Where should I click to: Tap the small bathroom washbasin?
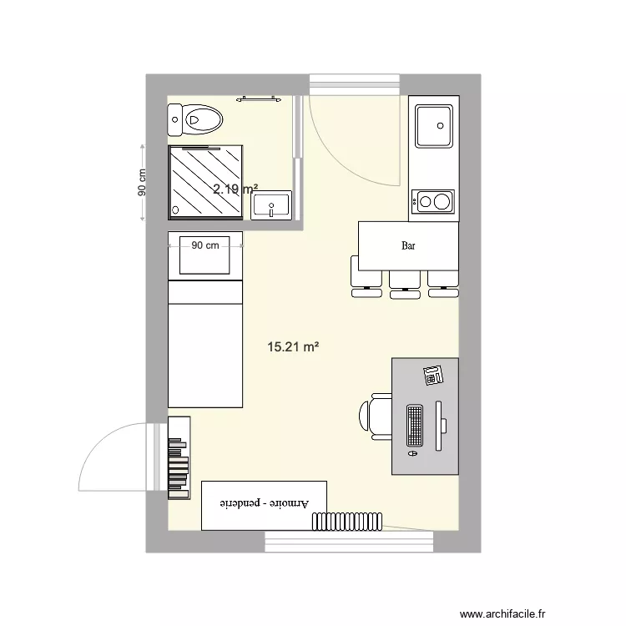tap(273, 204)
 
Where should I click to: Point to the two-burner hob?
tap(433, 200)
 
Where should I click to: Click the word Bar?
tap(409, 246)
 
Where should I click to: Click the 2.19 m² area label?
tap(235, 189)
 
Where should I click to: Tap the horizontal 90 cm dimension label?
tap(205, 245)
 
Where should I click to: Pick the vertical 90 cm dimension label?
tap(142, 184)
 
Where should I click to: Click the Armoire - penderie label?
tap(265, 504)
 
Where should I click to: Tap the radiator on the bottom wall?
tap(347, 521)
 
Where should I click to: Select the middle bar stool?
tap(404, 284)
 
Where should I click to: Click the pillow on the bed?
tap(205, 260)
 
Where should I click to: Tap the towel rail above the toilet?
tap(259, 98)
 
